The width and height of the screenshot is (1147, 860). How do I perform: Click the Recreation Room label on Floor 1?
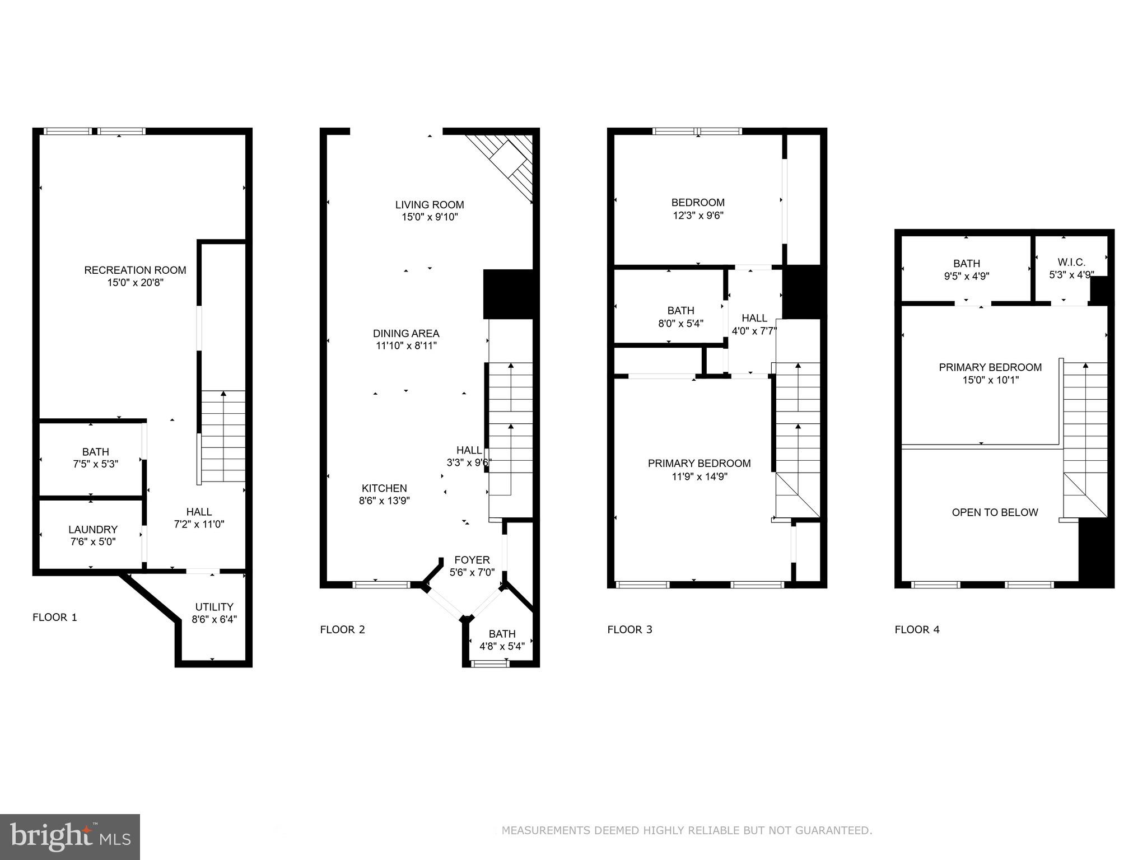(135, 270)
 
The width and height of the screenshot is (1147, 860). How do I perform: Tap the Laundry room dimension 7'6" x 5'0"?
(93, 542)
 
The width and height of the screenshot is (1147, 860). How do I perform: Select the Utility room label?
(214, 607)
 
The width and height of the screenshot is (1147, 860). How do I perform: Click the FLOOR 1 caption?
(55, 618)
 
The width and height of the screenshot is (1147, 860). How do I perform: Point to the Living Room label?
(430, 205)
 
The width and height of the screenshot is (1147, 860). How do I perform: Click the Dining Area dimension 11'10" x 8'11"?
(406, 346)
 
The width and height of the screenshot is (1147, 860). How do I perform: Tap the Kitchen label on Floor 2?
(384, 488)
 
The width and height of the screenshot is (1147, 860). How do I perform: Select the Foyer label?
(472, 560)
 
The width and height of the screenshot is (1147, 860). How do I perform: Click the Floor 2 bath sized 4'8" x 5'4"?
(502, 640)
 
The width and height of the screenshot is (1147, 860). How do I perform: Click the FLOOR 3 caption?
(630, 629)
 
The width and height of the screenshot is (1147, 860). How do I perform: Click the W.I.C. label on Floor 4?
(1071, 262)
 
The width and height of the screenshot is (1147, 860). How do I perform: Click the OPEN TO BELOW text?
(995, 512)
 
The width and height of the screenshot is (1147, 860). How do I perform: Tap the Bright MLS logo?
(70, 836)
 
